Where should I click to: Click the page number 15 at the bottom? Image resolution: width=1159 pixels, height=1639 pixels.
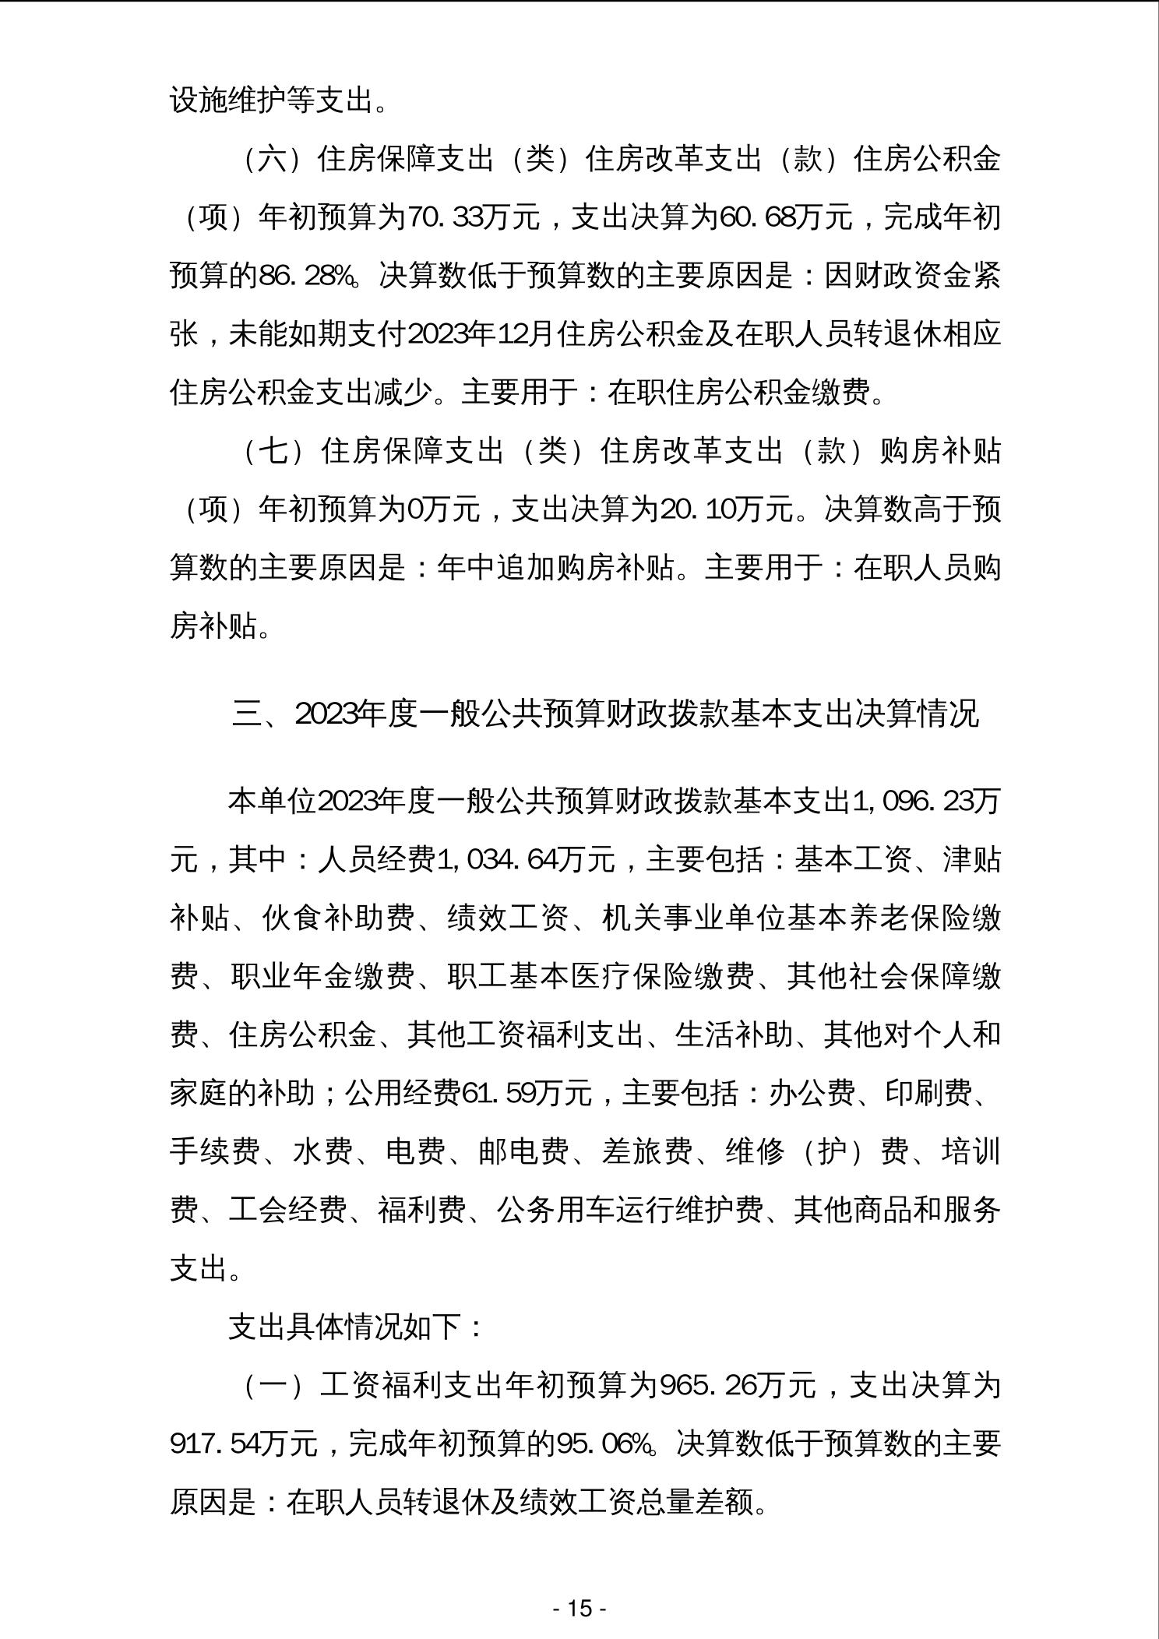[x=579, y=1608]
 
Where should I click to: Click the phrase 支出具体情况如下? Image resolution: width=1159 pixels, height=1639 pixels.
[x=347, y=1327]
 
